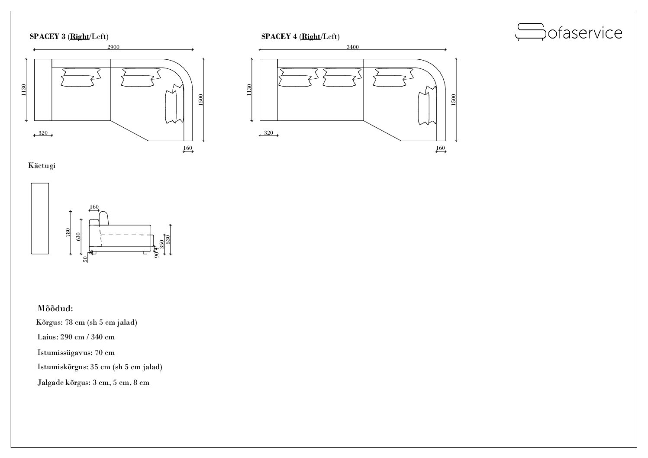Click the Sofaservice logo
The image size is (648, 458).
(x=568, y=32)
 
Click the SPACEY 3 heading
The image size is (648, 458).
(x=69, y=36)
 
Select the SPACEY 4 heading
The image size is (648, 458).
(x=300, y=36)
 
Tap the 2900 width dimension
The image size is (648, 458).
(x=113, y=47)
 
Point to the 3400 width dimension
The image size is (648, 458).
(x=353, y=47)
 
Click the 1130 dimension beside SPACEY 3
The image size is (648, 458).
(x=24, y=90)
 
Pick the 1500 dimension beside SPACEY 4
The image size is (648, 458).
(x=453, y=100)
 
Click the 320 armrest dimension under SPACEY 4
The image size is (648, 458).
(x=268, y=132)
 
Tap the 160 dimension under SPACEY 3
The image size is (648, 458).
(x=188, y=148)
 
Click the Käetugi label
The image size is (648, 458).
(x=42, y=165)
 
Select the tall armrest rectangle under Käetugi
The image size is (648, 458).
(x=40, y=219)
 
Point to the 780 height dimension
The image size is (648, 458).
(x=68, y=232)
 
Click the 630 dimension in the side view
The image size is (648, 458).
(x=78, y=237)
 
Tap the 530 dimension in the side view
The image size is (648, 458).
(x=168, y=239)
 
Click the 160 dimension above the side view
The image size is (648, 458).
(x=94, y=206)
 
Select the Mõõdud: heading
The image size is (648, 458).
(x=55, y=308)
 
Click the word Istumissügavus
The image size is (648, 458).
(x=65, y=352)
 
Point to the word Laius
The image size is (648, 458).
(x=48, y=337)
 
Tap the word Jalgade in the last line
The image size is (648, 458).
(x=50, y=383)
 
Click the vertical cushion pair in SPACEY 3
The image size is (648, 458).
(x=174, y=103)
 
